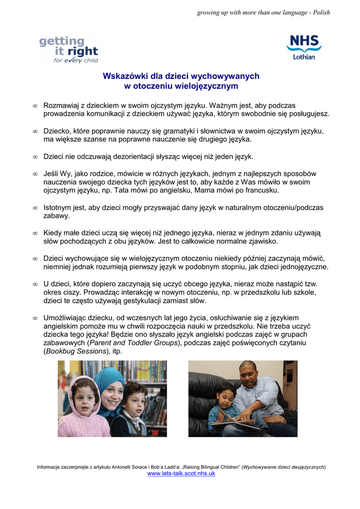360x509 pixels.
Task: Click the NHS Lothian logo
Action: pos(303,48)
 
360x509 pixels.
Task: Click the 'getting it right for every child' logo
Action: pos(69,50)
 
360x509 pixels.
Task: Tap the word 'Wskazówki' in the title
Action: pos(123,76)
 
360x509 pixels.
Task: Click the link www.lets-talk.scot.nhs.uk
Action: pos(181,474)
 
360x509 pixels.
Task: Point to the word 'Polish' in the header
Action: pos(321,12)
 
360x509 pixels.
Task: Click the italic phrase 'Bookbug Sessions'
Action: pos(75,351)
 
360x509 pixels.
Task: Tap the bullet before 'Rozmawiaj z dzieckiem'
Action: pos(35,106)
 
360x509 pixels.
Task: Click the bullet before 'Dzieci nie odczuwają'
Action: pos(35,157)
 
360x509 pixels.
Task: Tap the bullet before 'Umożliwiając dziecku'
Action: pos(35,317)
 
